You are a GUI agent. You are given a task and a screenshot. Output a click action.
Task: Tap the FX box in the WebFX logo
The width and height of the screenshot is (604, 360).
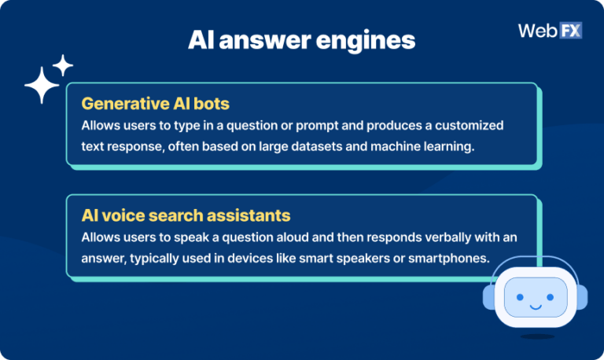click(x=569, y=31)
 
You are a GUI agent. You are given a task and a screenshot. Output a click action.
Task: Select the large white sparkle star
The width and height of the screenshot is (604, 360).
click(x=41, y=86)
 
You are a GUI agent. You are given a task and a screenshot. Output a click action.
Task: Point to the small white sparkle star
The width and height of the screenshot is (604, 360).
click(x=64, y=64)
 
